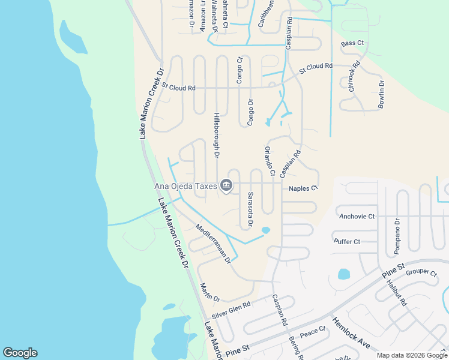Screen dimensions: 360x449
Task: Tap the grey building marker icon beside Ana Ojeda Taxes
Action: point(226,186)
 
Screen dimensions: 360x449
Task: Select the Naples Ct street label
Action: point(303,188)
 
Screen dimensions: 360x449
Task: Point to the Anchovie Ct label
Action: point(357,216)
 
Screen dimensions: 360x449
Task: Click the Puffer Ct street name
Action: point(347,242)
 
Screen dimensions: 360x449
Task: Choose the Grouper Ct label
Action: point(421,272)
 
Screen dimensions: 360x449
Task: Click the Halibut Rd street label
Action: point(397,293)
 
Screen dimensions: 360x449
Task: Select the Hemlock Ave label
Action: point(351,334)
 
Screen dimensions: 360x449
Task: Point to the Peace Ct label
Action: point(312,331)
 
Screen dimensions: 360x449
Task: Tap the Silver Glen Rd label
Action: point(231,310)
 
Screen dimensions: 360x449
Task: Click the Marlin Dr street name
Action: point(210,292)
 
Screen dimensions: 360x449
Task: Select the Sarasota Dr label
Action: point(250,209)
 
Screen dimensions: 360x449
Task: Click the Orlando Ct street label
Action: point(270,161)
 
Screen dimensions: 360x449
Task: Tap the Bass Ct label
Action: point(352,44)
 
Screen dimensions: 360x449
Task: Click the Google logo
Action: point(20,353)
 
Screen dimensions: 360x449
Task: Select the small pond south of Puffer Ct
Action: point(344,274)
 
